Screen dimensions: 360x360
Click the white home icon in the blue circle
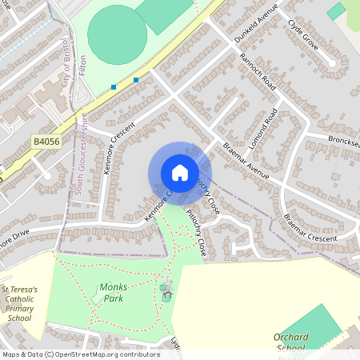[x=180, y=172]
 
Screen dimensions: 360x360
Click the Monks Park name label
[x=113, y=293]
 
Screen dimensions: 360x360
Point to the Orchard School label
[x=290, y=342]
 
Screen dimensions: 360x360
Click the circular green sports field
[x=117, y=34]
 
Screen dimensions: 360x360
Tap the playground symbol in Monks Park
[x=166, y=290]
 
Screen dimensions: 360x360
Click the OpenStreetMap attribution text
[x=80, y=354]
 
